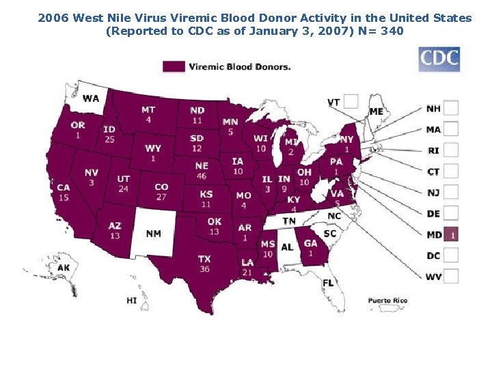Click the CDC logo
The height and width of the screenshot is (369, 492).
point(439,59)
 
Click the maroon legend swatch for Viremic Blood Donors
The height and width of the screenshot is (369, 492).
point(174,66)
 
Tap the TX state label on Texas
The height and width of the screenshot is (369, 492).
point(204,259)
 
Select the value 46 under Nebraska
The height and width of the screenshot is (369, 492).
point(201,176)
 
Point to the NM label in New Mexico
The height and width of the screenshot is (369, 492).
point(153,234)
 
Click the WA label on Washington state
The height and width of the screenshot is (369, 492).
point(90,98)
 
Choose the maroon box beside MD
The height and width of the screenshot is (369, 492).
point(451,234)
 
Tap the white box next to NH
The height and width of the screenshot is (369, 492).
point(451,108)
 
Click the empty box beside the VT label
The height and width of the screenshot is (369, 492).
point(351,101)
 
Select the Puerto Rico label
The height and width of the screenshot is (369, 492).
point(387,301)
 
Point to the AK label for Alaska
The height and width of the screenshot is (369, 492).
point(64,267)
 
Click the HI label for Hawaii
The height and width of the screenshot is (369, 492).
point(132,300)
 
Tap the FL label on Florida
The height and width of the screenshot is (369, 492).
point(328,282)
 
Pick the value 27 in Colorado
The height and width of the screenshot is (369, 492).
point(161,197)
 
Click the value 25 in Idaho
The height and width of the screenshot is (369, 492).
point(109,139)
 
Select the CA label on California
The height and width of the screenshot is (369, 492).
point(64,187)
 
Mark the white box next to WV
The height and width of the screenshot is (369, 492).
point(451,276)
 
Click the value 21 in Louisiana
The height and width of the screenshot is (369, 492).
point(247,273)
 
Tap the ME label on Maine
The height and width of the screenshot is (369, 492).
point(376,111)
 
